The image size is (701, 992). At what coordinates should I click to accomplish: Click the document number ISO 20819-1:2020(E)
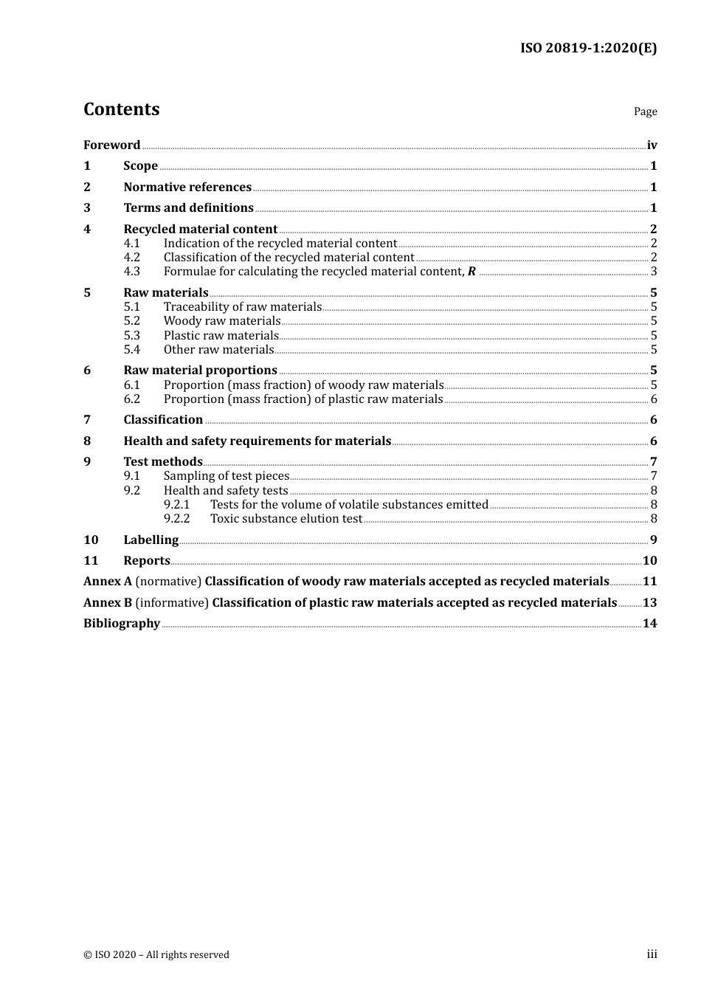click(588, 48)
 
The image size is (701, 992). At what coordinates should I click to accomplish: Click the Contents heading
click(121, 109)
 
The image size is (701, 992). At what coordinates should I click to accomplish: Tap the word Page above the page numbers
click(645, 111)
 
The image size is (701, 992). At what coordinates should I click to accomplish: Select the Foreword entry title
click(111, 145)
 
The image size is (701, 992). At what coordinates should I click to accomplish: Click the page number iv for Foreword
click(652, 145)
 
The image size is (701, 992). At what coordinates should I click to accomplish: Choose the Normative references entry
click(187, 187)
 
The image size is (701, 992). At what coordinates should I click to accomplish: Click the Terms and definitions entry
click(188, 208)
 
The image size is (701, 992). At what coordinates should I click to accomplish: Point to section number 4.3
click(131, 272)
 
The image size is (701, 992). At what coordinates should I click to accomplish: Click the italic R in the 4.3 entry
click(472, 272)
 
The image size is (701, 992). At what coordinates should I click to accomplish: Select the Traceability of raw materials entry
click(242, 307)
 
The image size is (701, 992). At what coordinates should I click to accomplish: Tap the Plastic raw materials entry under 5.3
click(221, 336)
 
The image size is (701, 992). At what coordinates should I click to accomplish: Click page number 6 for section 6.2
click(654, 399)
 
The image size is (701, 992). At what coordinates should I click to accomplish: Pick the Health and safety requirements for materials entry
click(257, 441)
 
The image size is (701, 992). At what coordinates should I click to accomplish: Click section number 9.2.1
click(176, 505)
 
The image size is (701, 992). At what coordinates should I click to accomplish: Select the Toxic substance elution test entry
click(286, 519)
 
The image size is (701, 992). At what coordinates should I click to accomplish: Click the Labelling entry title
click(151, 540)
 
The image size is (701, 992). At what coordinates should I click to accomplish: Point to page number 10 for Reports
click(649, 561)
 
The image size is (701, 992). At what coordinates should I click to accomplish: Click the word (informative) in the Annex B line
click(172, 603)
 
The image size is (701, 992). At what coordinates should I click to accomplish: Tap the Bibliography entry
click(122, 624)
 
